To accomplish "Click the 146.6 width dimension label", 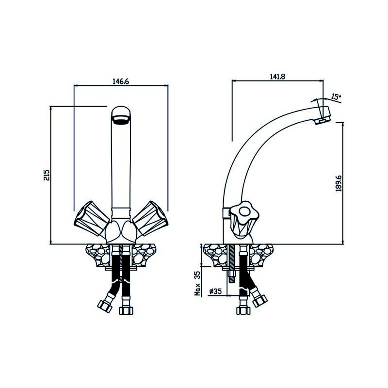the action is click(x=121, y=81).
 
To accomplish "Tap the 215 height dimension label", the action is click(x=47, y=175).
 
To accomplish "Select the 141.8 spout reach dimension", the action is click(x=277, y=76).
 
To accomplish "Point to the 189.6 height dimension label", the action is click(x=339, y=183).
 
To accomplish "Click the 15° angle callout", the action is click(x=336, y=97).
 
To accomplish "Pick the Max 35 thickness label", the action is click(x=197, y=283).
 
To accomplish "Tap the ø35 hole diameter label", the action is click(x=215, y=291).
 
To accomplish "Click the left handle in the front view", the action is click(x=92, y=218).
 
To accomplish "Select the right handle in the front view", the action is click(x=150, y=218).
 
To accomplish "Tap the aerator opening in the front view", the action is click(x=120, y=120).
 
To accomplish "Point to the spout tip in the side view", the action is click(x=323, y=116).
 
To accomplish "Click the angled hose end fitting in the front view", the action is click(x=105, y=306).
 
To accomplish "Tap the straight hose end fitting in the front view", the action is click(x=126, y=310).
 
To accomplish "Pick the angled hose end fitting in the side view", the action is click(x=259, y=300).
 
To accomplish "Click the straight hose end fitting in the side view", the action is click(x=243, y=310).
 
